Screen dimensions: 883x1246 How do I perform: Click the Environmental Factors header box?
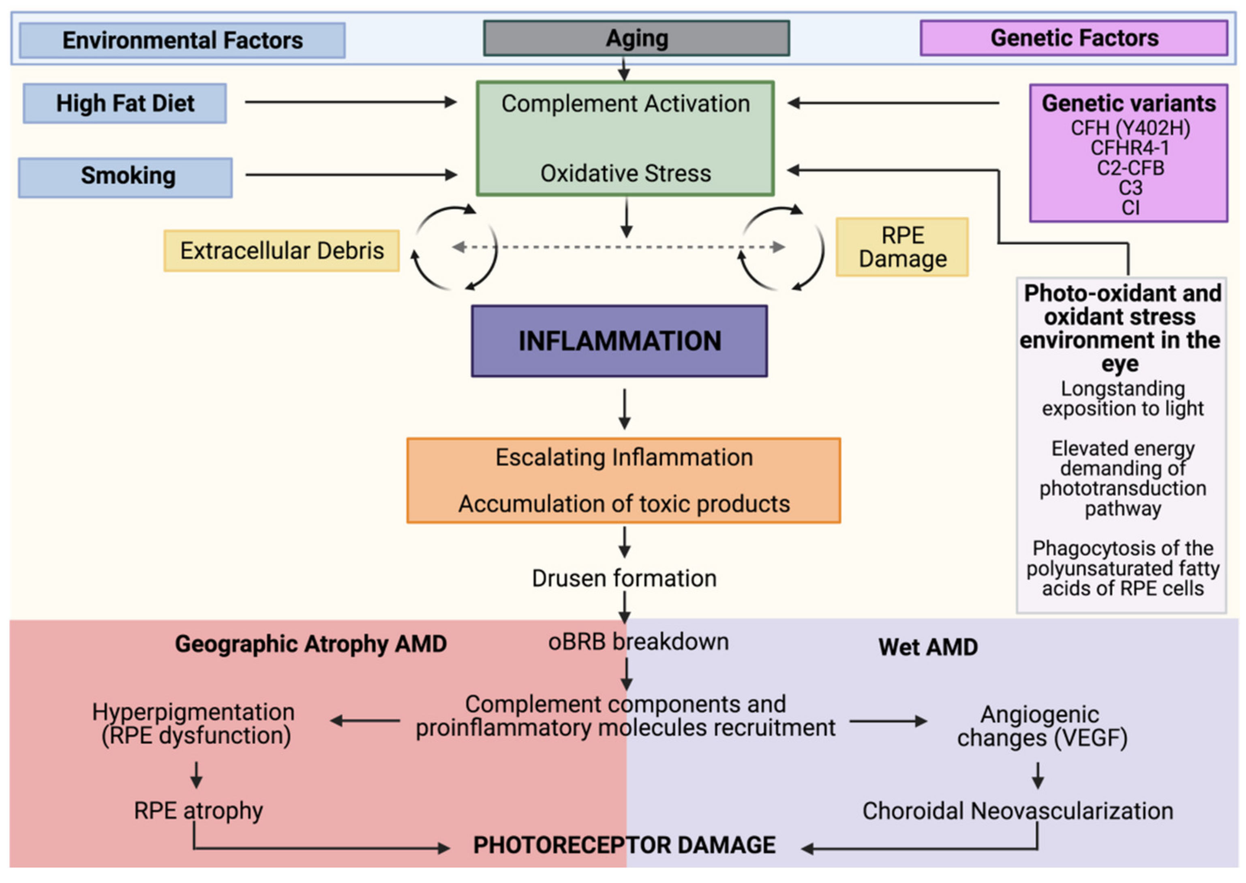click(182, 40)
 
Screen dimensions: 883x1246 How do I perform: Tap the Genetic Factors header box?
click(1074, 38)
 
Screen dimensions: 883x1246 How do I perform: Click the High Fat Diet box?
click(125, 103)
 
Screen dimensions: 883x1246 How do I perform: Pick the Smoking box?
click(126, 177)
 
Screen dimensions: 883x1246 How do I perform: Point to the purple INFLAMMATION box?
click(619, 341)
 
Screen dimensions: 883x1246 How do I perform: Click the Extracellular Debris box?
click(282, 251)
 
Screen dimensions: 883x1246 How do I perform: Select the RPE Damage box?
click(902, 247)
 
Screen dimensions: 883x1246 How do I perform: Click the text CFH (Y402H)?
click(1130, 128)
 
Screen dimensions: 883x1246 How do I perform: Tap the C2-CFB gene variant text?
click(1130, 167)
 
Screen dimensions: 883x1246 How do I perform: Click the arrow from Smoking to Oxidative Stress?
click(351, 175)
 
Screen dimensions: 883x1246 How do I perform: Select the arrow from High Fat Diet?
click(351, 102)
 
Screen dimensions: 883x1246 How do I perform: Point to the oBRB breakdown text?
click(638, 642)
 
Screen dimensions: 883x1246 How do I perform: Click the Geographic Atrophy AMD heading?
click(310, 644)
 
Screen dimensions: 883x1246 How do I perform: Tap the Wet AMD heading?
click(928, 647)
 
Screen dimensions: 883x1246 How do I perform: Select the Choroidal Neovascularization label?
click(1017, 811)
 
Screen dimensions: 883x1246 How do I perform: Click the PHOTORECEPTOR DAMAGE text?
click(624, 845)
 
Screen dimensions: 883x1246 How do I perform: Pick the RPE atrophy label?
click(199, 811)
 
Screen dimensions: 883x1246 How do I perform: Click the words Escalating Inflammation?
click(623, 457)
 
